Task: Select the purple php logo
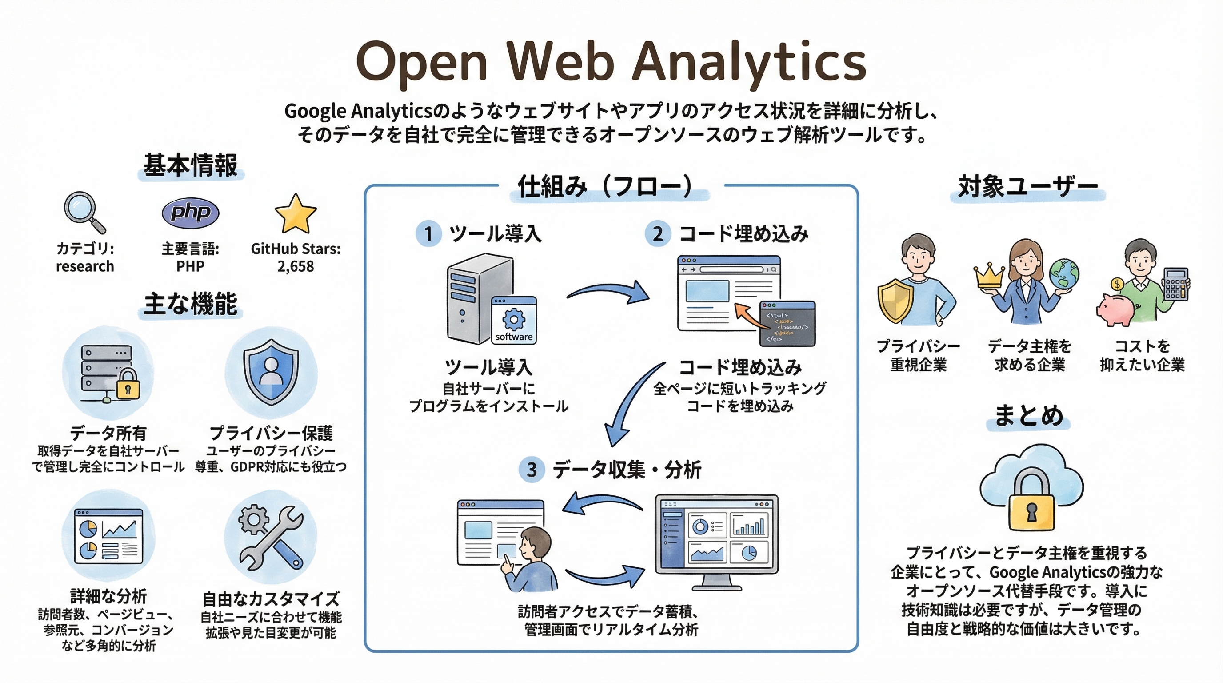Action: (190, 212)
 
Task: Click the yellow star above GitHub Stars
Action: (295, 215)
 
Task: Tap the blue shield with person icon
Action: (271, 371)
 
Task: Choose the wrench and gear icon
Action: (270, 537)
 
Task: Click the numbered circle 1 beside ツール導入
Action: (428, 234)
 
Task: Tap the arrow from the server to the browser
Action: (609, 291)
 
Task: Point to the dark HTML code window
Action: (787, 323)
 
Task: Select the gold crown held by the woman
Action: (988, 276)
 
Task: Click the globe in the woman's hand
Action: (1064, 274)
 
